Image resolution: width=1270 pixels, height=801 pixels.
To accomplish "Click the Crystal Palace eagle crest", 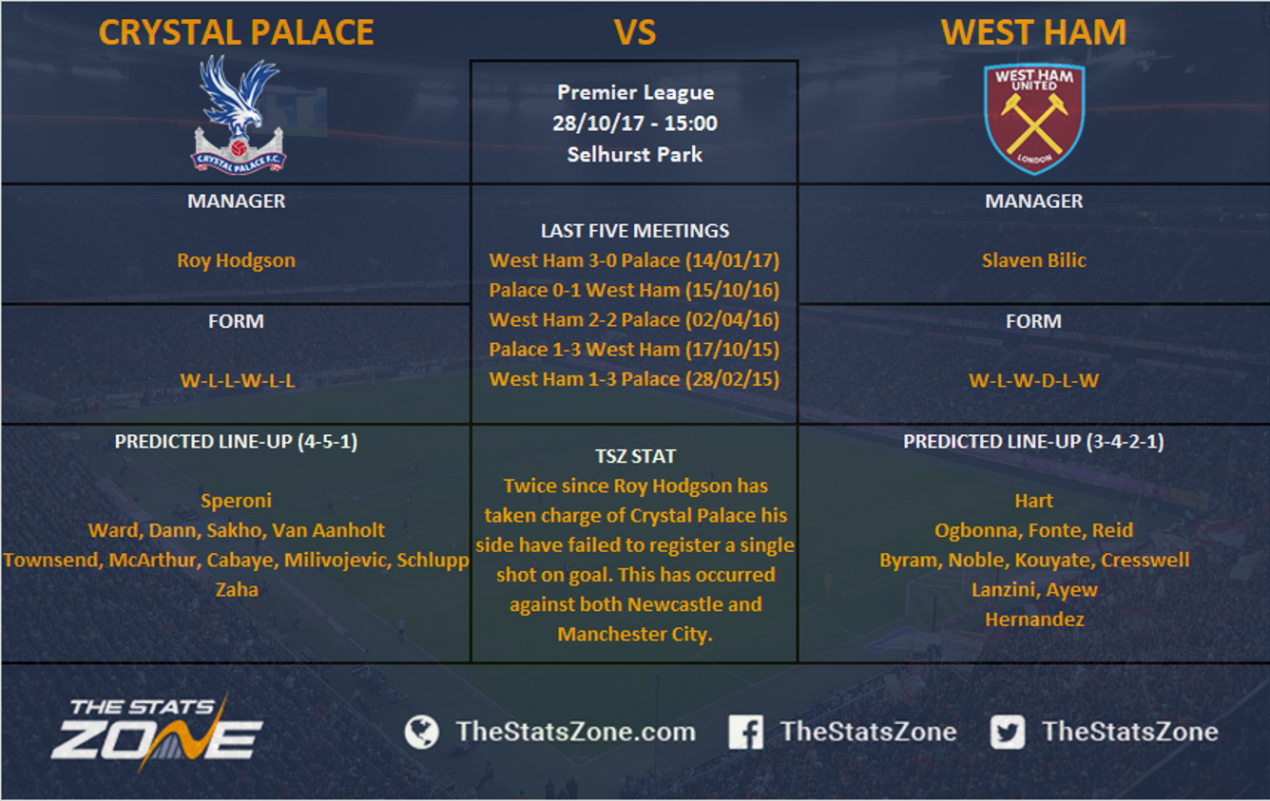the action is pos(238,115).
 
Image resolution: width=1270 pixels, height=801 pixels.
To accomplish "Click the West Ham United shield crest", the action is pos(1034,118).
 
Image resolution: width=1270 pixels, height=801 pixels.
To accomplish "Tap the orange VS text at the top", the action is pos(635,32).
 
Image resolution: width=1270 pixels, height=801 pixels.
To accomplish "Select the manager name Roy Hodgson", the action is pos(236,260).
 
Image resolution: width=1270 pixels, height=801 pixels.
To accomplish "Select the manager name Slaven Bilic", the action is pos(1034,260).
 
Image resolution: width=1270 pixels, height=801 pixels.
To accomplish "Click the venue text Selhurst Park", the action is pos(635,154).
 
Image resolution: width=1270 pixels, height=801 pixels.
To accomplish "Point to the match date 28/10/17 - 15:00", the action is pos(635,123).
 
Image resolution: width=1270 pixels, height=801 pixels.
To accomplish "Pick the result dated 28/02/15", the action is pos(634,379).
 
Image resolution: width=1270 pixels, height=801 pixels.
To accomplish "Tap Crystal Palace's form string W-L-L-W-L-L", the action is pos(237,380).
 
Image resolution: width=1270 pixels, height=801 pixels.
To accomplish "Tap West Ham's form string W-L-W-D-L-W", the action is pos(1033,380).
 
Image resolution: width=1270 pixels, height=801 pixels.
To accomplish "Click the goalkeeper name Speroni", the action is pos(237,501).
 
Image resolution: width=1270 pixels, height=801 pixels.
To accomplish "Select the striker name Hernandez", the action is pos(1034,619).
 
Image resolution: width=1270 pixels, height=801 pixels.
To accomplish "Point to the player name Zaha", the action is pos(237,589).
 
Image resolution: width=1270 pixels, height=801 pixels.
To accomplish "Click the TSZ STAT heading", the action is pos(635,456).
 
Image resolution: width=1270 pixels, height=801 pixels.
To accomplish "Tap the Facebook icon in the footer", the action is pos(745,732).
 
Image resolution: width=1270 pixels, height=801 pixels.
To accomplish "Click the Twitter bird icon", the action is pos(1008,732).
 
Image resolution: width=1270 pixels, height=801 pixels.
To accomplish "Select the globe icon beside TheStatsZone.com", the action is pos(421,732).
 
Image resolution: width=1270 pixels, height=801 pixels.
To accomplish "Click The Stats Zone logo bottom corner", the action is pos(157,732).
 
